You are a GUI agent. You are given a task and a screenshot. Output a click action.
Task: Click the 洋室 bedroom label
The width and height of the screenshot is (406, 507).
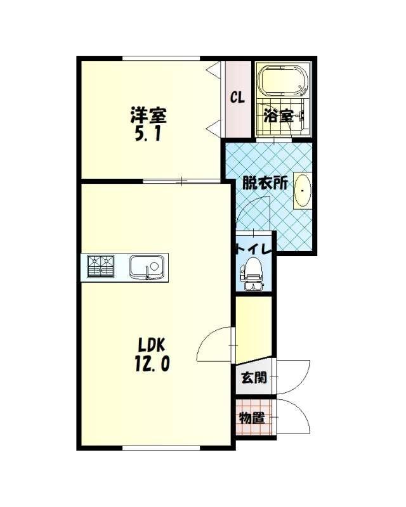tap(148, 115)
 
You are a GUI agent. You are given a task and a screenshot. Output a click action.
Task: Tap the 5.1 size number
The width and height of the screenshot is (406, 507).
tap(148, 134)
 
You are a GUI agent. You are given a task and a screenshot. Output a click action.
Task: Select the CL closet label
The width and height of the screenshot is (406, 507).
tap(238, 97)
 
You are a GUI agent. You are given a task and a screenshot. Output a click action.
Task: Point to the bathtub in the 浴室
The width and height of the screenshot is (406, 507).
tap(284, 81)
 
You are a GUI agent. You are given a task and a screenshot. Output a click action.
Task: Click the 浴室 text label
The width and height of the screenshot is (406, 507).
tap(278, 116)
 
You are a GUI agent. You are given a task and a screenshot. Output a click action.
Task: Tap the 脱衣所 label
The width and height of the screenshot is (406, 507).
tap(266, 183)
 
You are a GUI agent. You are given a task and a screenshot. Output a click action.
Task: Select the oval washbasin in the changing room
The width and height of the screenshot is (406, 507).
tap(303, 191)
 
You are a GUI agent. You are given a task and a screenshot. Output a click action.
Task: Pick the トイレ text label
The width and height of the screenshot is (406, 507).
tap(254, 249)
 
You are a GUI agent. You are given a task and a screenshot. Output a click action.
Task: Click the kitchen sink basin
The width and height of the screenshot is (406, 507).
tap(147, 267)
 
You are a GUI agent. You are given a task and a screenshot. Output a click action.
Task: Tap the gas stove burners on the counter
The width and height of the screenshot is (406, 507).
tap(101, 266)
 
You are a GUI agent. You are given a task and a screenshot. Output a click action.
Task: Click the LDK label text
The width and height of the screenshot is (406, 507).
tap(152, 345)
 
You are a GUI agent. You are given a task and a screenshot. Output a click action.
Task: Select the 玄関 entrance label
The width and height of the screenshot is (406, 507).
tap(254, 377)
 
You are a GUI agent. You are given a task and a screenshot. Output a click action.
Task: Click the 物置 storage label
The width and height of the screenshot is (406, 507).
tap(252, 418)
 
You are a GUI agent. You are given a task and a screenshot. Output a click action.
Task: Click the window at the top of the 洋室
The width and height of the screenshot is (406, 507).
tap(161, 58)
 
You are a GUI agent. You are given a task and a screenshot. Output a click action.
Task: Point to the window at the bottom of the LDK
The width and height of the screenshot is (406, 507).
tap(161, 448)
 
